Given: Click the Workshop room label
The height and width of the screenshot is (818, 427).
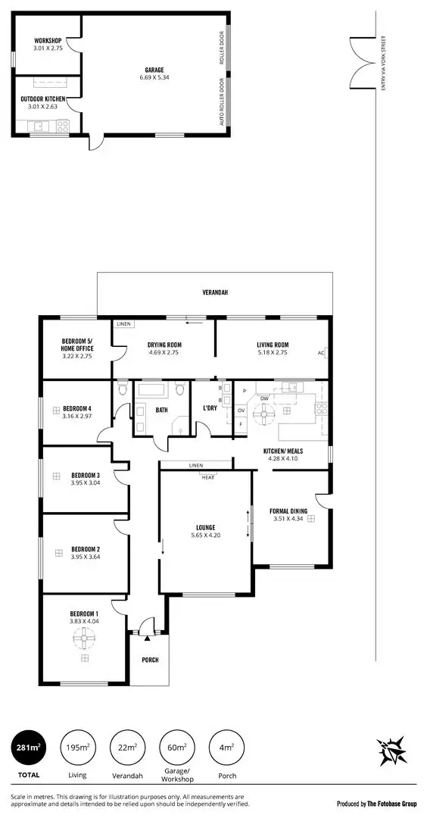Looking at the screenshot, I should [47, 40].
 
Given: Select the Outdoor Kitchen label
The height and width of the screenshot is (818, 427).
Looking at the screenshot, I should [43, 99].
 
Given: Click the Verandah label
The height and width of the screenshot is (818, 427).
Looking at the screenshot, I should [215, 292].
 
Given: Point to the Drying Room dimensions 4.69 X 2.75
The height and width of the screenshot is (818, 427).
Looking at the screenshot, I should [164, 354].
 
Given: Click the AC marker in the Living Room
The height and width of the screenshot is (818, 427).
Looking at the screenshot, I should [321, 353].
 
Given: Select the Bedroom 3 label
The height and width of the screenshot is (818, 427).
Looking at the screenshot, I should [86, 476].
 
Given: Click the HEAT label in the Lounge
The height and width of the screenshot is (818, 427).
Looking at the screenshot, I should [207, 477].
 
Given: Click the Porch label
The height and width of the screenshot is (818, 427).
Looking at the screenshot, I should [151, 660].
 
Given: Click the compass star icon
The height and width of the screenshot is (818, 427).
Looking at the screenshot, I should [394, 750].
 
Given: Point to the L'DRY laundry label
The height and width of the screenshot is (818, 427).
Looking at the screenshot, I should [211, 410].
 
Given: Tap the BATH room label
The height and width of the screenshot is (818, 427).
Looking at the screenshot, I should [161, 410].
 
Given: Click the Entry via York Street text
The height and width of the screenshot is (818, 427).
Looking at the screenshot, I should [384, 64].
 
